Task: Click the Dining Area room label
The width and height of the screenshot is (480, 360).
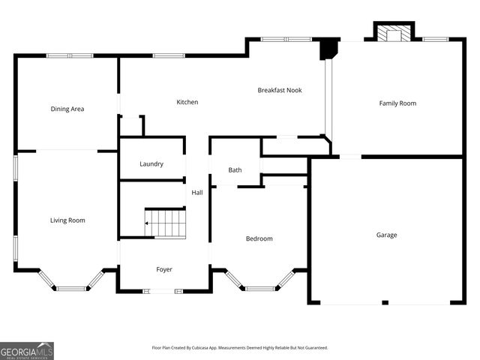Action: [67, 109]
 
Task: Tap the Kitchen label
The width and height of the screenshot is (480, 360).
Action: [187, 102]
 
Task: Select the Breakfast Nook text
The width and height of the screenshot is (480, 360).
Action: [279, 90]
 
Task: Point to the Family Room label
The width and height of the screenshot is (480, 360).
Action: [397, 103]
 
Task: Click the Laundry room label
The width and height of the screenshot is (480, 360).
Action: [151, 163]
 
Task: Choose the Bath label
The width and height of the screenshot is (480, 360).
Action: [235, 170]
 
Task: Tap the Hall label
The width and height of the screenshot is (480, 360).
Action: [197, 193]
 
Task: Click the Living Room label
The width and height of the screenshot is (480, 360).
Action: [67, 220]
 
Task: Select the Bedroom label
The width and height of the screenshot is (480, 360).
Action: [259, 238]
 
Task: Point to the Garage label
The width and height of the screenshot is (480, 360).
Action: [387, 235]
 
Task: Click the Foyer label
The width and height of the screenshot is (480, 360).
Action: [164, 269]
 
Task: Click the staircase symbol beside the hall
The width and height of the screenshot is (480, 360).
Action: [166, 223]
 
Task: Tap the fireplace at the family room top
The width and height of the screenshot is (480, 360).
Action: [394, 34]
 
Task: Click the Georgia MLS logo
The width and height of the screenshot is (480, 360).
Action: [27, 350]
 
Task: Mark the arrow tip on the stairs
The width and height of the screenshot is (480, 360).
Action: [147, 223]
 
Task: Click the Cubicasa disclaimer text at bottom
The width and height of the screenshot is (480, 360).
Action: [240, 348]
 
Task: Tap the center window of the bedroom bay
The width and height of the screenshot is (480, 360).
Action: [260, 289]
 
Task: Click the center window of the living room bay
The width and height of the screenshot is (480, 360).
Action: [71, 289]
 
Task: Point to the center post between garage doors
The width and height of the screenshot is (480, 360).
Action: [385, 302]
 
